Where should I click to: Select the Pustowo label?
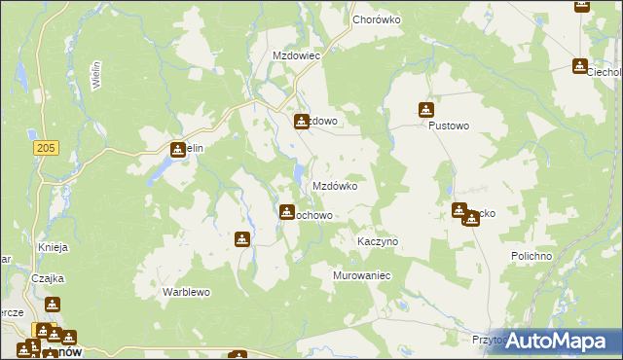[449, 126]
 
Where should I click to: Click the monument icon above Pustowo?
[426, 110]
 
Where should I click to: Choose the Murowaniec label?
[361, 276]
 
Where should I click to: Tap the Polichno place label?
[531, 256]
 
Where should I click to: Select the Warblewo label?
[187, 292]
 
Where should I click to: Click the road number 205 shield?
[43, 147]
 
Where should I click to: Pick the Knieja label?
[51, 247]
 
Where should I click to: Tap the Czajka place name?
[47, 277]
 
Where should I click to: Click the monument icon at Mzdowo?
[302, 122]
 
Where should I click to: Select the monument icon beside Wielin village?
[177, 150]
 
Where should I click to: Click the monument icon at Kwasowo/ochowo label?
[287, 211]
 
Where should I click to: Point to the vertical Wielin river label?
[96, 76]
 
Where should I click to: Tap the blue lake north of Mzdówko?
[296, 175]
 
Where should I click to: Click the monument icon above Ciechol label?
[580, 66]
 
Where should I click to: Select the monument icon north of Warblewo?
[242, 239]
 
